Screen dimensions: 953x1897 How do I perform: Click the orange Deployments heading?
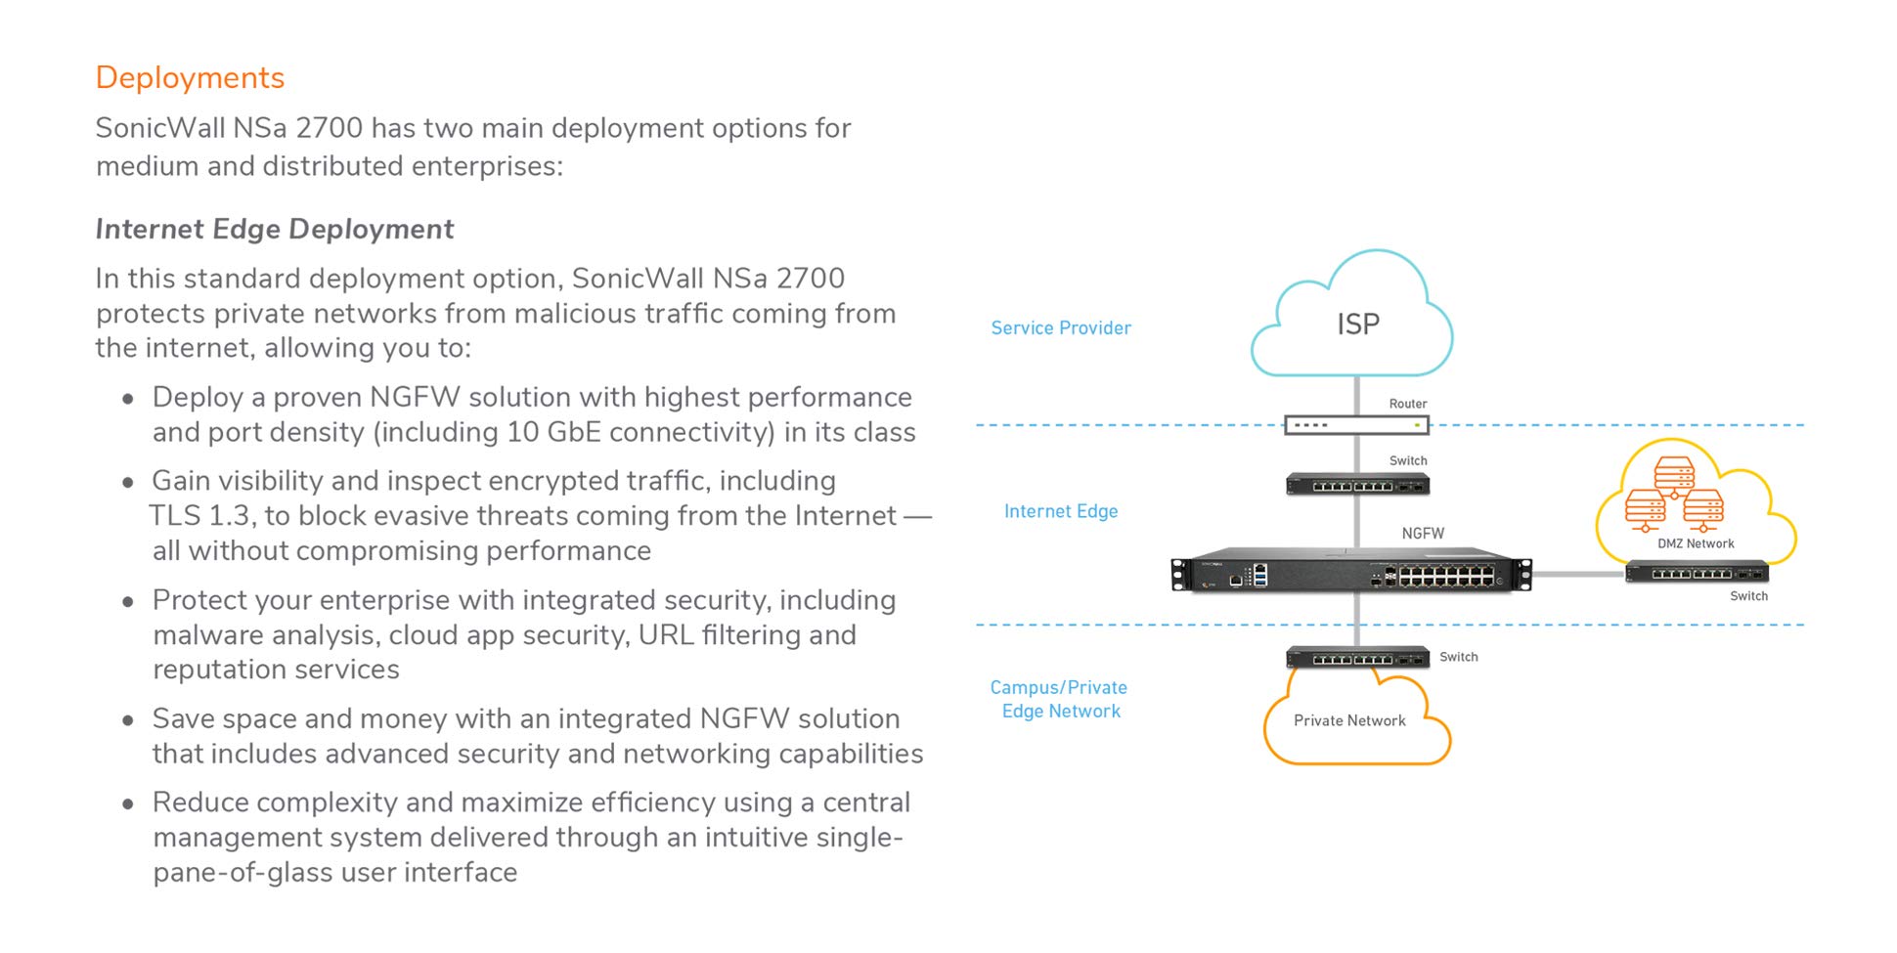pyautogui.click(x=190, y=77)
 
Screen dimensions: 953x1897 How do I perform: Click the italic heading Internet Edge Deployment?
pyautogui.click(x=274, y=229)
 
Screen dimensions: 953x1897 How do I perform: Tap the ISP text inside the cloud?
pyautogui.click(x=1357, y=324)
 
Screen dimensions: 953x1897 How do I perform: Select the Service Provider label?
pyautogui.click(x=1060, y=328)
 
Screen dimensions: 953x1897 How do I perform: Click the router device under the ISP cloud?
pyautogui.click(x=1355, y=425)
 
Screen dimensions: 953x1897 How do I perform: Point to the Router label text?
pyautogui.click(x=1407, y=404)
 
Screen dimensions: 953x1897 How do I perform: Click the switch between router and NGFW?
pyautogui.click(x=1357, y=484)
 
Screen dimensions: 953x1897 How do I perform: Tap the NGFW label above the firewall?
pyautogui.click(x=1422, y=534)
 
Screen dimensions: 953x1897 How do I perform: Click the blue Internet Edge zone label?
pyautogui.click(x=1060, y=511)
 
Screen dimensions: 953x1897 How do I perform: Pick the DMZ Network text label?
pyautogui.click(x=1695, y=543)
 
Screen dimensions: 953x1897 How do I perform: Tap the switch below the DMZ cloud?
pyautogui.click(x=1697, y=573)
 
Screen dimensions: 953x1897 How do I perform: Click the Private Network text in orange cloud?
pyautogui.click(x=1348, y=720)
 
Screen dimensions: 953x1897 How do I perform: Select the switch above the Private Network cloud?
pyautogui.click(x=1357, y=658)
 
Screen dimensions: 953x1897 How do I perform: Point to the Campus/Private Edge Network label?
pyautogui.click(x=1059, y=699)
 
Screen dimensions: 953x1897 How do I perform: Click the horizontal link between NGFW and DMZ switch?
pyautogui.click(x=1577, y=574)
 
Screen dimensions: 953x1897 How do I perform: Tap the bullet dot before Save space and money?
pyautogui.click(x=128, y=720)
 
